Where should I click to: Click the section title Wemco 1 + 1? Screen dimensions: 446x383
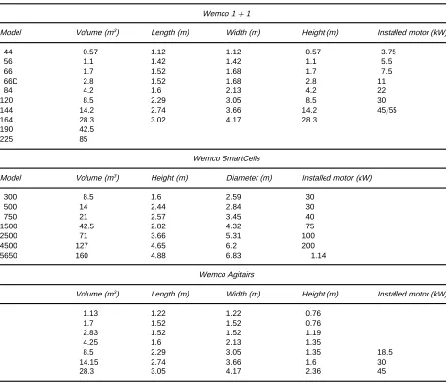(226, 14)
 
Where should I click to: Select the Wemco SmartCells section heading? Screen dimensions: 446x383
(226, 158)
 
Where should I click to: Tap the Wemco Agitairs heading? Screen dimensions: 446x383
(226, 275)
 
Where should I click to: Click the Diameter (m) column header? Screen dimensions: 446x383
(250, 178)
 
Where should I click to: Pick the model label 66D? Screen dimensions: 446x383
(11, 81)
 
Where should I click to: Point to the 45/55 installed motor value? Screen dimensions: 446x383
(387, 110)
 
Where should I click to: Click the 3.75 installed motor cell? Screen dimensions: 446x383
(389, 52)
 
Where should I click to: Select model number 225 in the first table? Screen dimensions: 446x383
(7, 139)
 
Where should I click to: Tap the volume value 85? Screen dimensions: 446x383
(84, 139)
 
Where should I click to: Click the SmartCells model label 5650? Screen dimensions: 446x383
(9, 256)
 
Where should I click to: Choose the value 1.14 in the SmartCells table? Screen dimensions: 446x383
(318, 256)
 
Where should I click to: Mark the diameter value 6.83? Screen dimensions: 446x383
(233, 256)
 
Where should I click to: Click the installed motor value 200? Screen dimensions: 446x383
(308, 246)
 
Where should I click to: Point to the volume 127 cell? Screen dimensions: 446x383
(82, 246)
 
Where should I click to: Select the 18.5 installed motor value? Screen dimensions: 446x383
(385, 352)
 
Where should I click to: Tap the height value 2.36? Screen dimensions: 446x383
(313, 371)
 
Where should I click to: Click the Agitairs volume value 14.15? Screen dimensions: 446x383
(88, 362)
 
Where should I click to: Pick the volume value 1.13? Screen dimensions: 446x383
(90, 313)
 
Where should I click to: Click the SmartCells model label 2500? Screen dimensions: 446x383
(9, 236)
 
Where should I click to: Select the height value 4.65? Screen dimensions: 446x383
(158, 246)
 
